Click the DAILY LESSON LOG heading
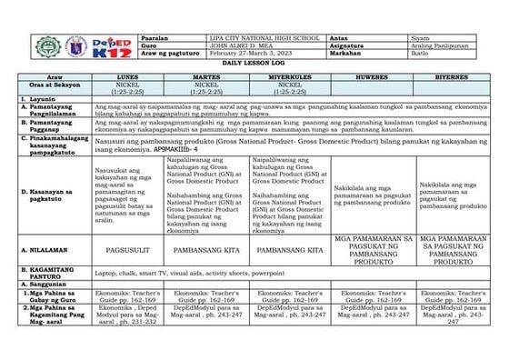click(254, 63)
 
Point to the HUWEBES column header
click(369, 79)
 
